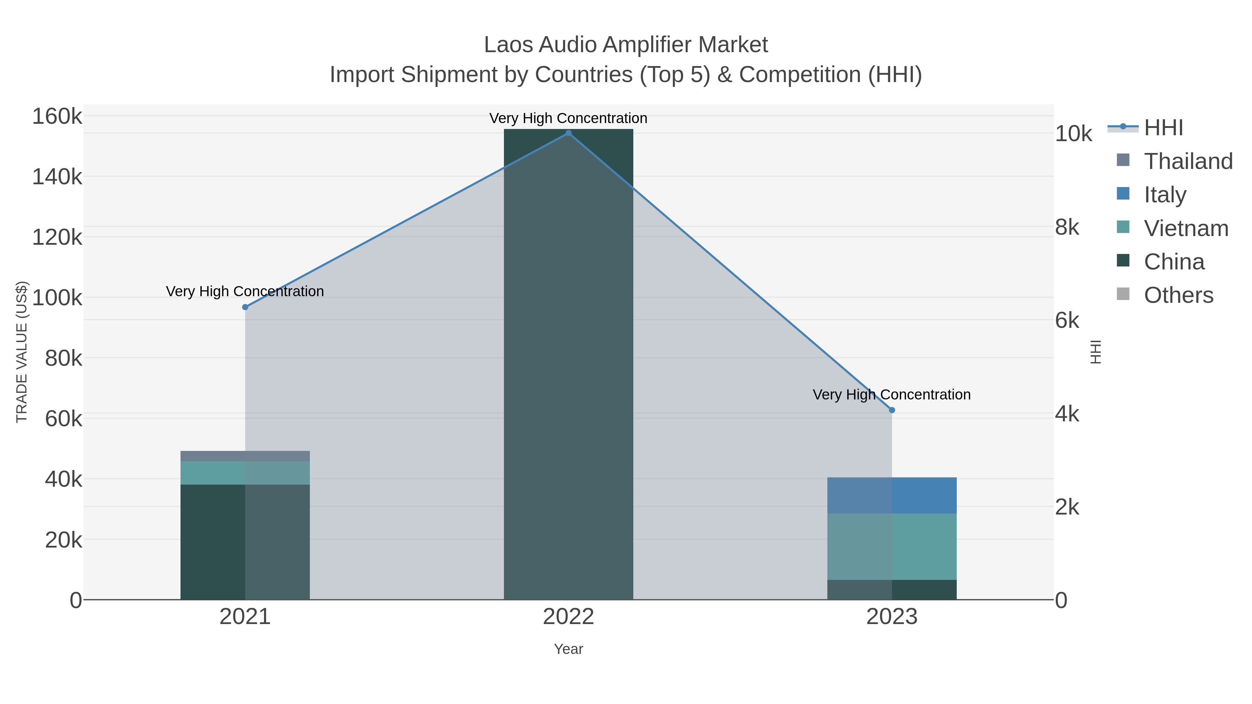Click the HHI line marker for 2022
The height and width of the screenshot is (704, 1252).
(568, 133)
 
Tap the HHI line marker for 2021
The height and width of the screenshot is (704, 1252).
(245, 307)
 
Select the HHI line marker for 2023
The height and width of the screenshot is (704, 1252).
(892, 410)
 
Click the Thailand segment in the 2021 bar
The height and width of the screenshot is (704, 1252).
(245, 456)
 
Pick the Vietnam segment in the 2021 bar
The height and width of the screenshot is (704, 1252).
(245, 473)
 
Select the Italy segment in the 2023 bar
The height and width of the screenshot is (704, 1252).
(892, 495)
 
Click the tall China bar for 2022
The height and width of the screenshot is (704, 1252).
(568, 364)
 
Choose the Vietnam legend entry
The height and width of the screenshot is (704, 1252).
(1186, 228)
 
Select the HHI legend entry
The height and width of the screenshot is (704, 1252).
(1163, 128)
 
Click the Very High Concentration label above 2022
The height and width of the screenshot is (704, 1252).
(568, 118)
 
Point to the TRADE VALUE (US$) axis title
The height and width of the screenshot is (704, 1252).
(22, 352)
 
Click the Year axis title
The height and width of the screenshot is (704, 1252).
(568, 649)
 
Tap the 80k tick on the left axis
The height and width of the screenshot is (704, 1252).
(63, 358)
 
